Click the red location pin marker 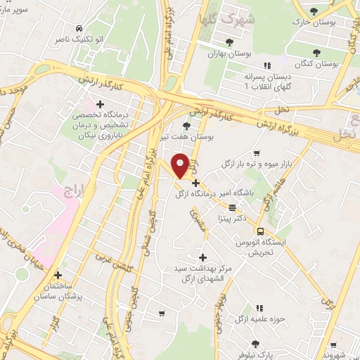point(180,166)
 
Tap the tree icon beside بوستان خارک point(314,11)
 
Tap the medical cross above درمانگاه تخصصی point(101,104)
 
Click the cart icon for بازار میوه point(256,153)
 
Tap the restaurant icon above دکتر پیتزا point(232,207)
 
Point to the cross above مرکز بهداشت point(204,258)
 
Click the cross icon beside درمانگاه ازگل point(195,183)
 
